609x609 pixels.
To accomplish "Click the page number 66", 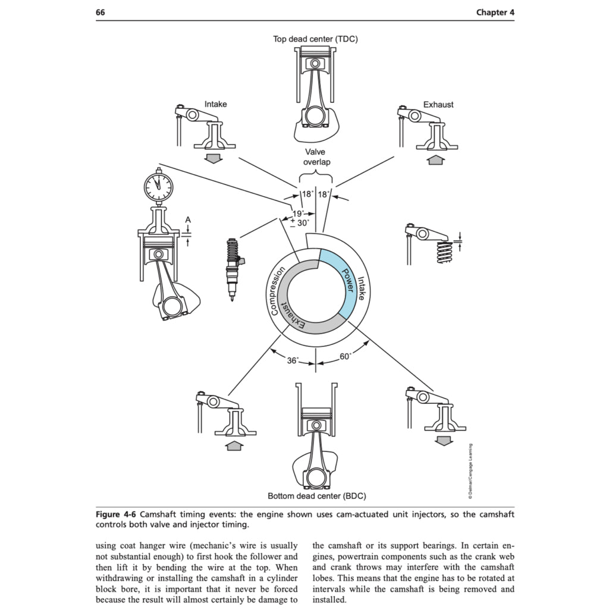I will pyautogui.click(x=101, y=12).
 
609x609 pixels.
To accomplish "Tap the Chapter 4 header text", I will pyautogui.click(x=495, y=12).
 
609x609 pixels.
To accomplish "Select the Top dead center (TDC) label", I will pyautogui.click(x=315, y=39).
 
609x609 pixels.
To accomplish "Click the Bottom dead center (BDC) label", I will pyautogui.click(x=316, y=495).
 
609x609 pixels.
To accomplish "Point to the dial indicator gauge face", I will pyautogui.click(x=159, y=186).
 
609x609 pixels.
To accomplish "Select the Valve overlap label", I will pyautogui.click(x=315, y=156).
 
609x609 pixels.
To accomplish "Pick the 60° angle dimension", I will pyautogui.click(x=346, y=357).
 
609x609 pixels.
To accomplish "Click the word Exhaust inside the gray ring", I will pyautogui.click(x=293, y=313).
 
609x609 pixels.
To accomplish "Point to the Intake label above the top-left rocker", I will pyautogui.click(x=215, y=104).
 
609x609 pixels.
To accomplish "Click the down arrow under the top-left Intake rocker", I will pyautogui.click(x=212, y=158).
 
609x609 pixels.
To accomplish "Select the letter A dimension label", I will pyautogui.click(x=188, y=219).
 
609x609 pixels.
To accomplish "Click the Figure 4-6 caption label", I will pyautogui.click(x=117, y=514).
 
